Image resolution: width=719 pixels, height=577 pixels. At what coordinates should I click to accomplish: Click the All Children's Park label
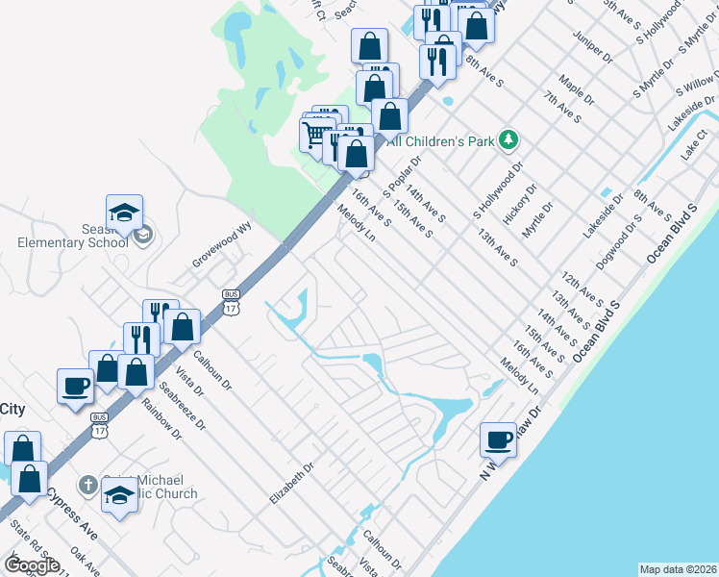pos(440,141)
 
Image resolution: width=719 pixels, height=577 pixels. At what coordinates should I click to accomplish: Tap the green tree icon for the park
pos(508,140)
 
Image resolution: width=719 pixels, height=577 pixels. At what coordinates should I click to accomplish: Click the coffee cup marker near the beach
pos(498,439)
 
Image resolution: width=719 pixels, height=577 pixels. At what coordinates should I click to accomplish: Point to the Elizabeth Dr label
pos(292,485)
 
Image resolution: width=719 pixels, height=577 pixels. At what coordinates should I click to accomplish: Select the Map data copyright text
pos(678,569)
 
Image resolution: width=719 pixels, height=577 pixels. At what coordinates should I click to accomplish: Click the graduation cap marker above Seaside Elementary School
pos(124,213)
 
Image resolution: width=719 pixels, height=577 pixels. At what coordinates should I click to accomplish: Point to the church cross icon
pos(87,485)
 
